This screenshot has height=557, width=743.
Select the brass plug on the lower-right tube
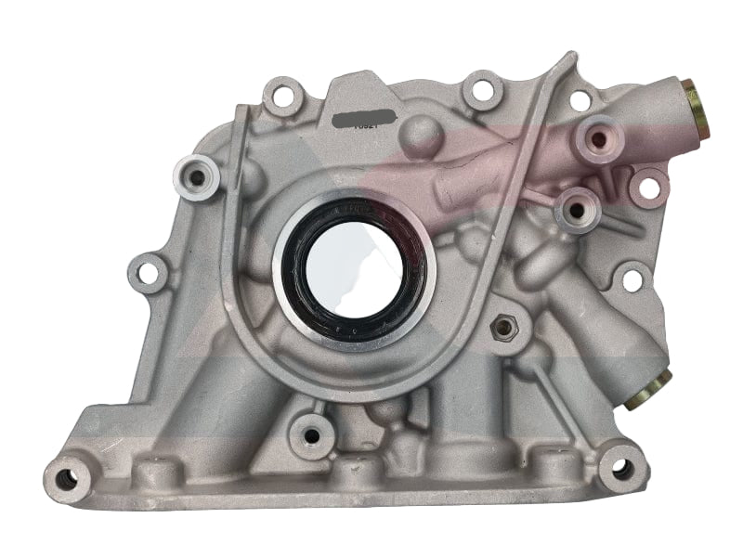647,388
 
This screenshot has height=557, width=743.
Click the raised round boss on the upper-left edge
196,176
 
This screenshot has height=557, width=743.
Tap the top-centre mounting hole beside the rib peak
482,91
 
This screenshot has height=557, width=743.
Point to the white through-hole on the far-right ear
649,188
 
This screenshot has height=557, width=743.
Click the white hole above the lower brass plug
633,277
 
